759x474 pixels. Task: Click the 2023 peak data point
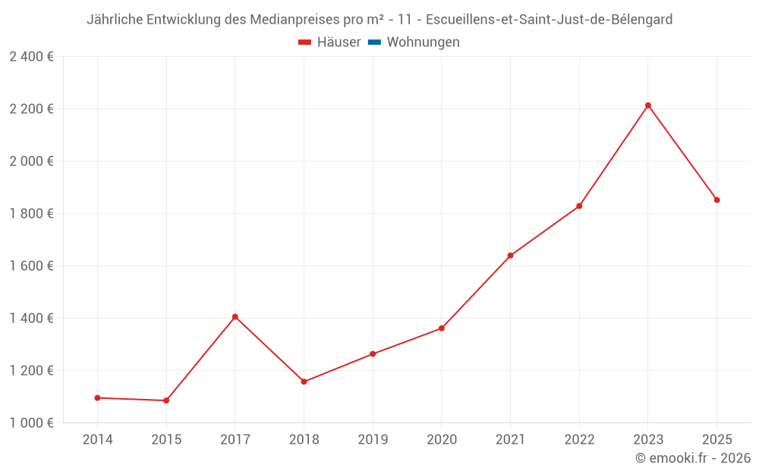pos(648,105)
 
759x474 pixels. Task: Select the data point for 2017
pos(235,317)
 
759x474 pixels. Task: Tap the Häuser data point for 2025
pos(716,200)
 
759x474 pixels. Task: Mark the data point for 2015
pos(166,400)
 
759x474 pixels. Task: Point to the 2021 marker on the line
pos(510,256)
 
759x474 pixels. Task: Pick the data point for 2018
pos(304,381)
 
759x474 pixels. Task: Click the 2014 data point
pos(97,397)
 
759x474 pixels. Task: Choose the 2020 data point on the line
pos(442,328)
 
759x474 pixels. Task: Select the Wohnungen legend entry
pos(423,42)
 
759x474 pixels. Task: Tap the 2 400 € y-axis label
pos(31,57)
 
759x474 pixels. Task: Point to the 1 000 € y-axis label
pos(31,423)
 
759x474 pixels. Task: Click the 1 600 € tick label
pos(31,266)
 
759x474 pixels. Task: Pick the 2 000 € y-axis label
pos(31,162)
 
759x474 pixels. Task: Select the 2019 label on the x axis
pos(373,440)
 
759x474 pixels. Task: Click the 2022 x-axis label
pos(579,440)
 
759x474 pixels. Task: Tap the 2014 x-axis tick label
pos(97,440)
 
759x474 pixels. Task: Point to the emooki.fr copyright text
pos(693,458)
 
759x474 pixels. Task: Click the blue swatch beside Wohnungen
pos(374,42)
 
